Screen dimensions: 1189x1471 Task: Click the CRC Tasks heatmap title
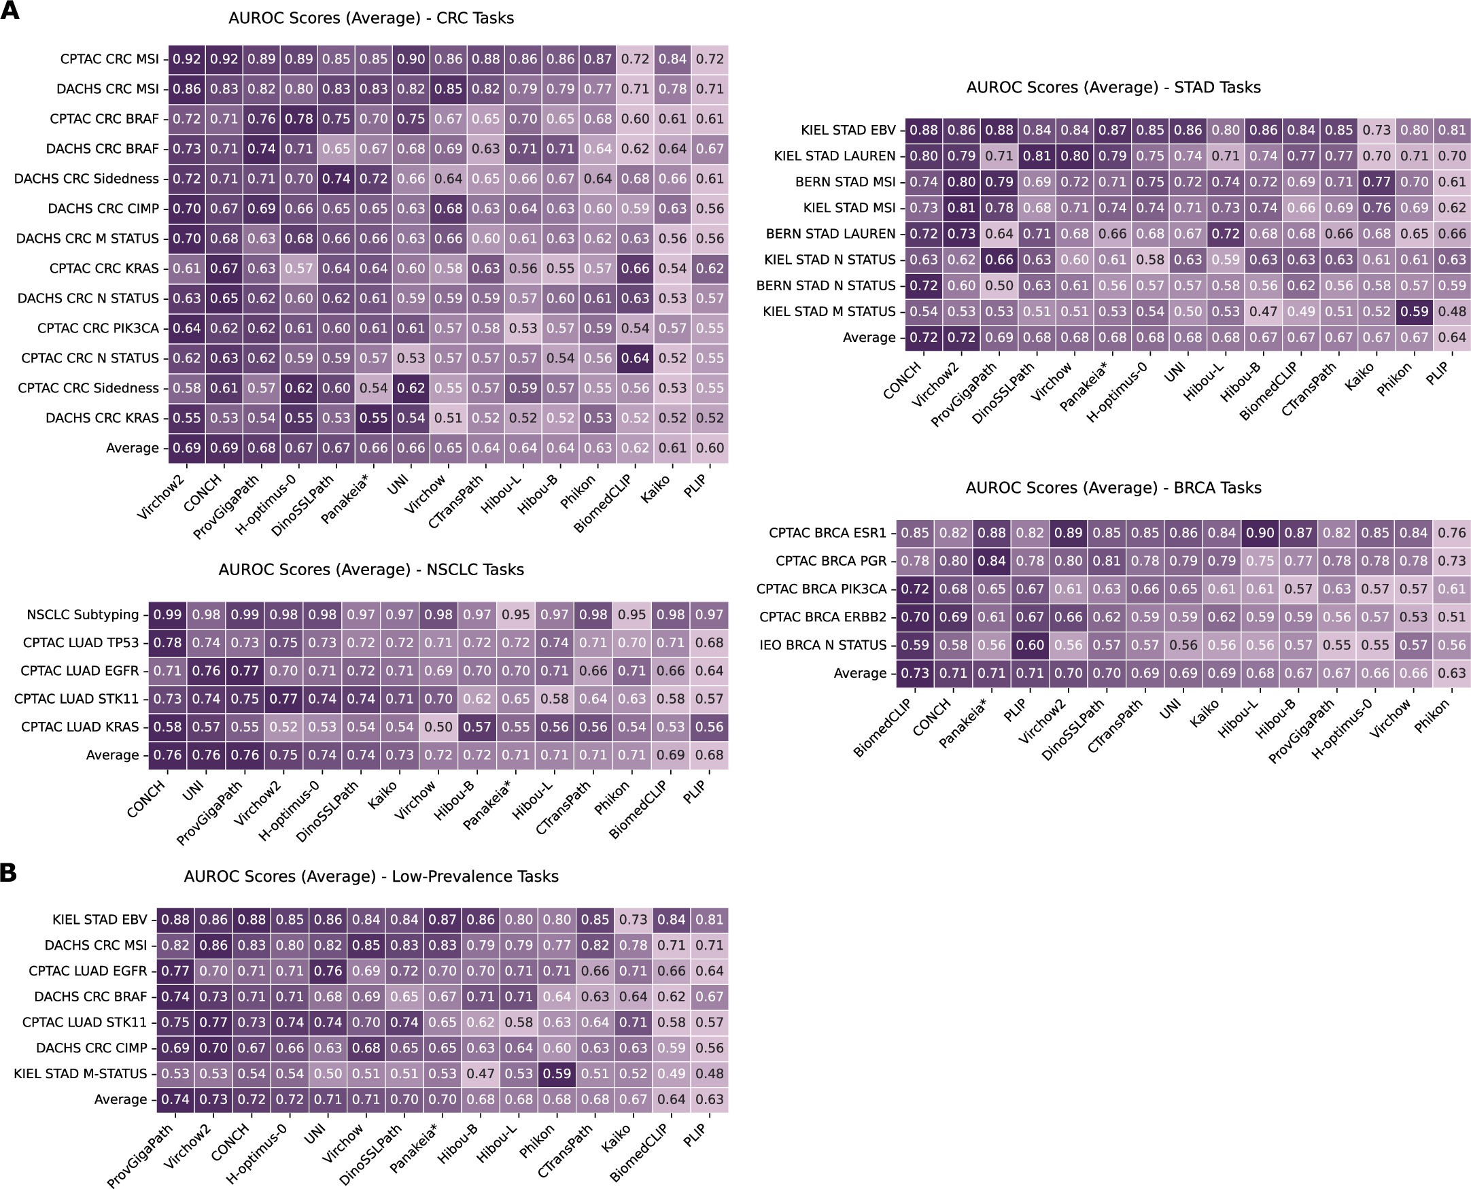(x=371, y=18)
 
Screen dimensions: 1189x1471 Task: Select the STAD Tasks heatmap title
(x=1113, y=88)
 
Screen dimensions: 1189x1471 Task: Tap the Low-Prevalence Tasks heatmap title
(x=371, y=877)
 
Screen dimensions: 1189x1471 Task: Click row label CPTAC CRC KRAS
(x=104, y=269)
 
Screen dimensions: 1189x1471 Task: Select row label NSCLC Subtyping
(x=83, y=615)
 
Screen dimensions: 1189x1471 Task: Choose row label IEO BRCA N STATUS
(x=823, y=645)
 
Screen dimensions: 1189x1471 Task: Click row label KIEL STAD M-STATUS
(x=81, y=1074)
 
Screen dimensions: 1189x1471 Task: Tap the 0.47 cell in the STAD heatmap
(x=1263, y=311)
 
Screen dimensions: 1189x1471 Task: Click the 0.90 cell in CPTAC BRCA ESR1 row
(x=1260, y=533)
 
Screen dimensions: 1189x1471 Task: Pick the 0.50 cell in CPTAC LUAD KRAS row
(x=438, y=727)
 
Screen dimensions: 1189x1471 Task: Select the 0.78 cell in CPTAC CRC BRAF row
(x=299, y=119)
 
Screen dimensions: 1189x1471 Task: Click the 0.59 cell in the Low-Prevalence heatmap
(x=557, y=1074)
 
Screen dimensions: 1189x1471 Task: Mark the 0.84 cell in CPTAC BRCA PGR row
(x=992, y=561)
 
